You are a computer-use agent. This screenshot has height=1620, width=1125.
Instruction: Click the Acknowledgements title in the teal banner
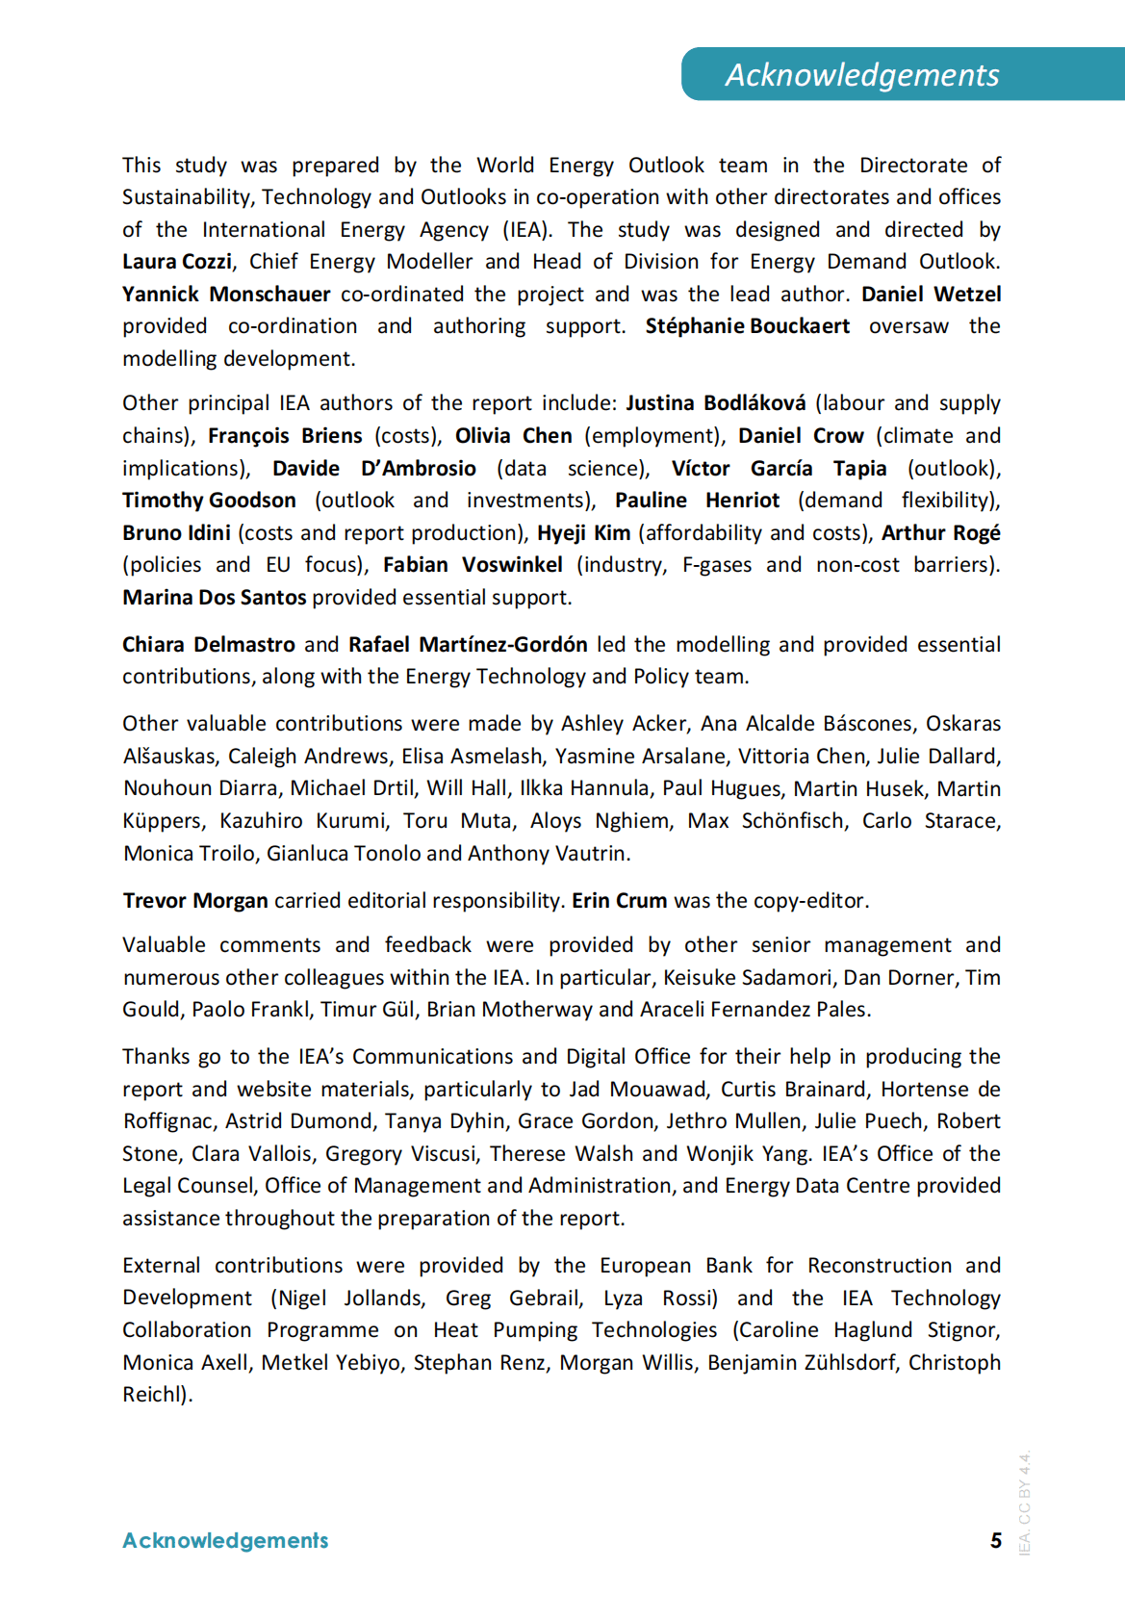862,75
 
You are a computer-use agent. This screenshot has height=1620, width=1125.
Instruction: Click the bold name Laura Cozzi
177,262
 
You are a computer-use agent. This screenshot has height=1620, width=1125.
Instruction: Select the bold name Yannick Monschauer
226,295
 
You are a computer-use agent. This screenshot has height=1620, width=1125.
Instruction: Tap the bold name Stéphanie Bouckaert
747,326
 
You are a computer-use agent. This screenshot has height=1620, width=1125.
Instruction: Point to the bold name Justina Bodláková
715,403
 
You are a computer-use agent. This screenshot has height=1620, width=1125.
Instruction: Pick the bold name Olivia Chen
513,436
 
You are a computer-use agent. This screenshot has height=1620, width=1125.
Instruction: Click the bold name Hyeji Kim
583,533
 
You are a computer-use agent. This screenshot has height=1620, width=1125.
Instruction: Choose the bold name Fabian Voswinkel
473,565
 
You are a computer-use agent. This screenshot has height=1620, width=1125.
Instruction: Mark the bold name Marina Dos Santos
215,598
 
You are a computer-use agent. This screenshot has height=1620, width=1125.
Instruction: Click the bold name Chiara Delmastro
209,645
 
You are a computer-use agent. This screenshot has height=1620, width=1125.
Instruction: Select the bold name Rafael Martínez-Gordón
468,645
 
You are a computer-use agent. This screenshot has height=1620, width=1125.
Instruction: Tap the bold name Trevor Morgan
195,901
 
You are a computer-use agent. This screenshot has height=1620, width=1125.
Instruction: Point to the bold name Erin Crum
619,901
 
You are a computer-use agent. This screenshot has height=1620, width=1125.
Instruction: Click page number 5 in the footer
996,1541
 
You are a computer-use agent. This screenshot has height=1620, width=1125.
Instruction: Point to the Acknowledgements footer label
225,1541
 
